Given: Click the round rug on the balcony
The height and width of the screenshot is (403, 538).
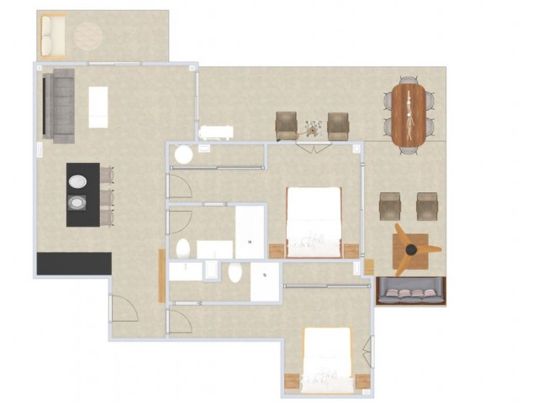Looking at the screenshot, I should [x=87, y=36].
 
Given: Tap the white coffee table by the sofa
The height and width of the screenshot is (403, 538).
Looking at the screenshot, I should [x=99, y=107].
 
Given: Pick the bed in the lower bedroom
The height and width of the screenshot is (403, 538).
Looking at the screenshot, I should [x=327, y=359].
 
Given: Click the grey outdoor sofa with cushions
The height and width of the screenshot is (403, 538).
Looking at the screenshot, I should [x=411, y=292].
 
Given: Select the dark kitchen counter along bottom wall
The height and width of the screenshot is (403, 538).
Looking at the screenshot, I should [x=74, y=263].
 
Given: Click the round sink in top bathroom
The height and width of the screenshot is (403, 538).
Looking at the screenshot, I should [x=182, y=155].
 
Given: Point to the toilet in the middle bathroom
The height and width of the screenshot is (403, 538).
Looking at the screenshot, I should [x=183, y=248].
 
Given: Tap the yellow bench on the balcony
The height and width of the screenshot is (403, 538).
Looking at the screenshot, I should [x=52, y=34].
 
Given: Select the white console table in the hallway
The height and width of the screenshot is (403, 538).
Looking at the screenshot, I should [x=216, y=131].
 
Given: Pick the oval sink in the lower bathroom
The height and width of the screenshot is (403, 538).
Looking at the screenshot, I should [x=235, y=272].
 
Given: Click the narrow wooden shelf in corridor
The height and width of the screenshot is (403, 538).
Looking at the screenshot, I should [x=161, y=275].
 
